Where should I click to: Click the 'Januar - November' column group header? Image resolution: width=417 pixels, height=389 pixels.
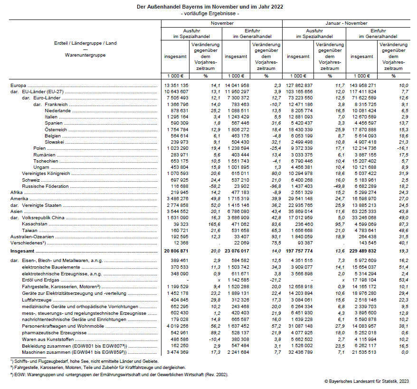(346, 23)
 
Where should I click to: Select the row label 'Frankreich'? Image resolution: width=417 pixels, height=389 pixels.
(57, 104)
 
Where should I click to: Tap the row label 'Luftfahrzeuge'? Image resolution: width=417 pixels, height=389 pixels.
(38, 301)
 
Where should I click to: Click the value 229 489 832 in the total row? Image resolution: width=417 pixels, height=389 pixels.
(363, 250)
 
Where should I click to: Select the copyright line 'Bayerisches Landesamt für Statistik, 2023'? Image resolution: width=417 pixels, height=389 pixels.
(369, 381)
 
